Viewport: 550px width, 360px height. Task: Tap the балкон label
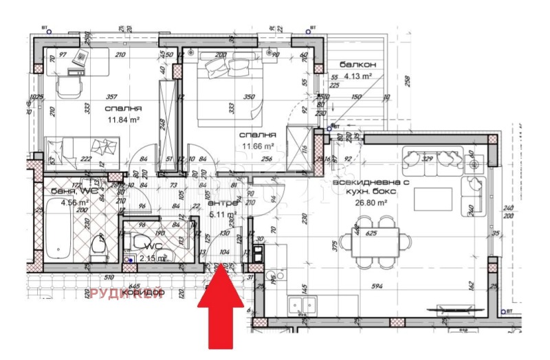pos(353,65)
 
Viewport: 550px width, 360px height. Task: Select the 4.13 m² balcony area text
pos(357,77)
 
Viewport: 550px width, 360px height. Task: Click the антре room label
pos(222,203)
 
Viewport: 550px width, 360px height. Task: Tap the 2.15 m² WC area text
pos(153,258)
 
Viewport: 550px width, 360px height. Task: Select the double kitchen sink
pos(302,303)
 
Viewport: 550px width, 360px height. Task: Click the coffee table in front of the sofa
pos(432,200)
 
